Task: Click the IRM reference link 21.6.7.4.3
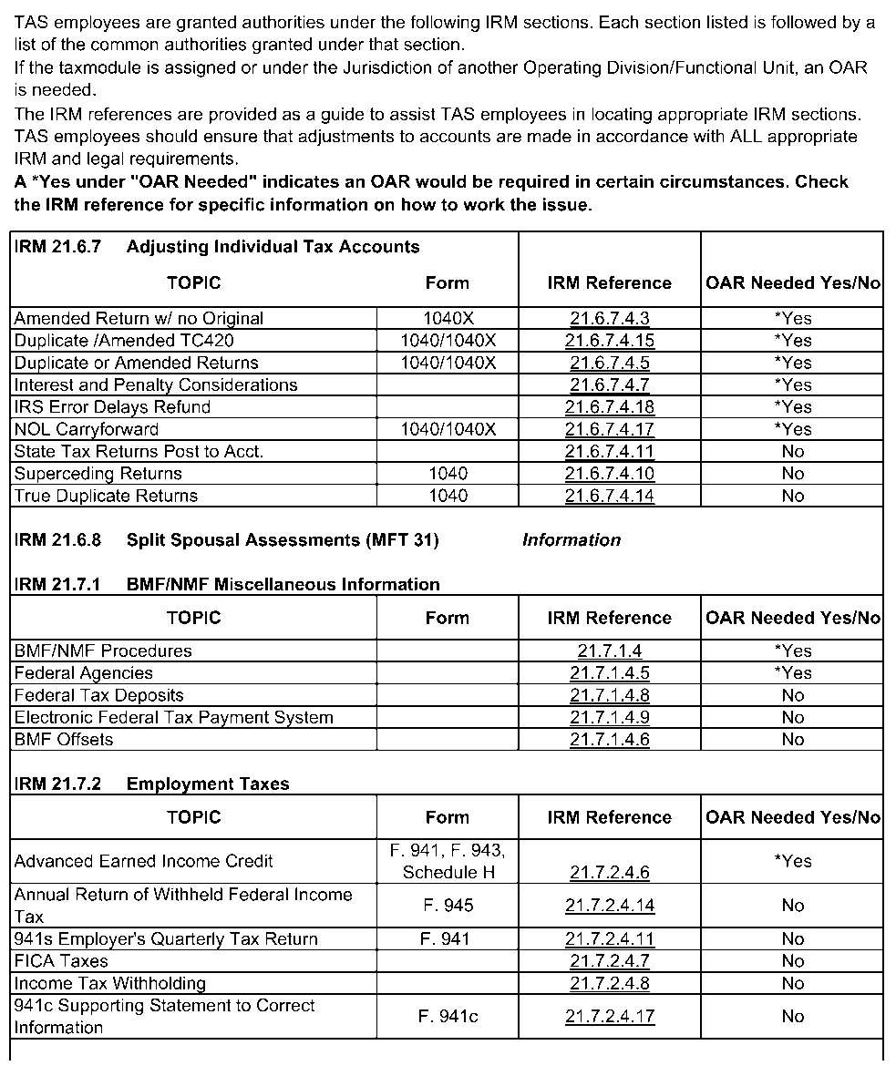pyautogui.click(x=609, y=318)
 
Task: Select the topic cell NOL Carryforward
pyautogui.click(x=87, y=429)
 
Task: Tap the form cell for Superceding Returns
pyautogui.click(x=447, y=474)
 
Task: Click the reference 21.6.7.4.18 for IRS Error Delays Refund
pyautogui.click(x=609, y=407)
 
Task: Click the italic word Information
pyautogui.click(x=571, y=540)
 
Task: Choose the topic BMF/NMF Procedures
pyautogui.click(x=103, y=651)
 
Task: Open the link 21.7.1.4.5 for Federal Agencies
pyautogui.click(x=609, y=673)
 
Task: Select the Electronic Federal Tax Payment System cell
pyautogui.click(x=173, y=718)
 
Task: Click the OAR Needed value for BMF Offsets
pyautogui.click(x=793, y=740)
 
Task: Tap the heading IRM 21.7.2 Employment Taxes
pyautogui.click(x=151, y=784)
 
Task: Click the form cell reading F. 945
pyautogui.click(x=447, y=906)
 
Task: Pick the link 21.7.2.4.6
pyautogui.click(x=609, y=873)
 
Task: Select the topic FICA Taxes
pyautogui.click(x=61, y=961)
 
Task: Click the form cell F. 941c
pyautogui.click(x=447, y=1017)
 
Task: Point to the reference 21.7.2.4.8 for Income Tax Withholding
pyautogui.click(x=609, y=983)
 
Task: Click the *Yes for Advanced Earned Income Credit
pyautogui.click(x=793, y=861)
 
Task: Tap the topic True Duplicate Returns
pyautogui.click(x=106, y=496)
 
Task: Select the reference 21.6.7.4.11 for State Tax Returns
pyautogui.click(x=609, y=452)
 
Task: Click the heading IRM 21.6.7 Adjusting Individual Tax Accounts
pyautogui.click(x=217, y=247)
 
